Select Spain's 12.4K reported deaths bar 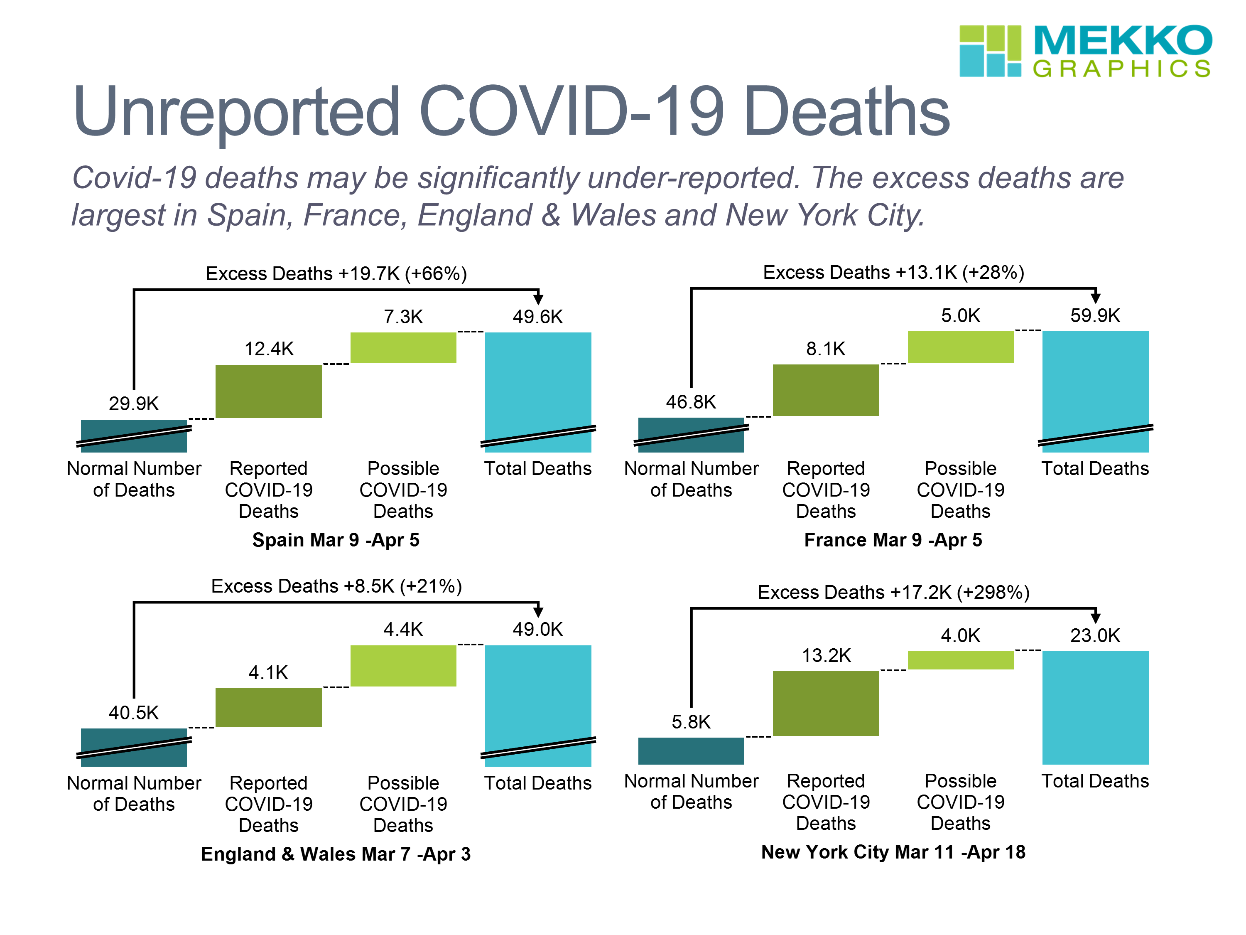(268, 391)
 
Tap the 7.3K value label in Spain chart (403, 317)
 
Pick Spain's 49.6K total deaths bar (537, 383)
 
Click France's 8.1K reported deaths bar (825, 390)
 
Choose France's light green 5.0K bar (960, 347)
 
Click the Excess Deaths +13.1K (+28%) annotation (893, 273)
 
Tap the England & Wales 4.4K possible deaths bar (403, 666)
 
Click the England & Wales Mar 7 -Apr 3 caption (336, 854)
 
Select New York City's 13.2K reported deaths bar (825, 704)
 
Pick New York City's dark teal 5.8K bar (691, 751)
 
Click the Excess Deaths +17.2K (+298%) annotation (893, 592)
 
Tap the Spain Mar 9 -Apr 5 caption (336, 540)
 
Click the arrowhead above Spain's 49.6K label (538, 299)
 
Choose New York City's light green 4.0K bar (960, 660)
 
